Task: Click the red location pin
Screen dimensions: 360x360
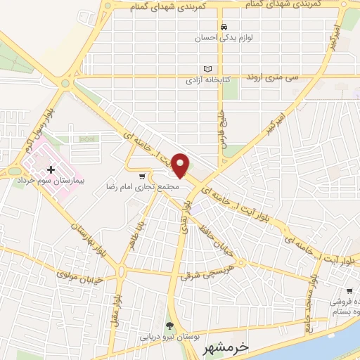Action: click(x=181, y=165)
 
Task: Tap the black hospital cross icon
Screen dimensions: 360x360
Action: click(x=51, y=169)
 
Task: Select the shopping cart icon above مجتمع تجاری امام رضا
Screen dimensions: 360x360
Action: click(x=143, y=176)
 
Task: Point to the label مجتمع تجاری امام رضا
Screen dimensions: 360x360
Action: click(x=150, y=186)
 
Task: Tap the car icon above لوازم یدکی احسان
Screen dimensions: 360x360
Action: click(x=224, y=27)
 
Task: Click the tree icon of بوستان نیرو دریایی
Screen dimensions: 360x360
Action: click(x=169, y=326)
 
